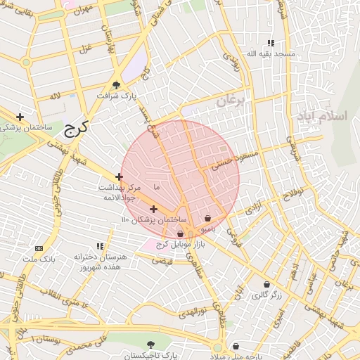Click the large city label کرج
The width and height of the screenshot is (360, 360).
pyautogui.click(x=75, y=129)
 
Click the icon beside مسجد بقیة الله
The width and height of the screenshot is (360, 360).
pyautogui.click(x=271, y=43)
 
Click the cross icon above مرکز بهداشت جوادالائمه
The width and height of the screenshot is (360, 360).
pyautogui.click(x=119, y=177)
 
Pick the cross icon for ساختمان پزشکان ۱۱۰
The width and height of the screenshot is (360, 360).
pyautogui.click(x=153, y=209)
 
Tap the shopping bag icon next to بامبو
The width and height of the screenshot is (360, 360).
pyautogui.click(x=207, y=219)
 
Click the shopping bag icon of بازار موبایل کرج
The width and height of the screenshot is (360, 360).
pyautogui.click(x=180, y=233)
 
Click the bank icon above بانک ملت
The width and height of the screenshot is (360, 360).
pyautogui.click(x=38, y=248)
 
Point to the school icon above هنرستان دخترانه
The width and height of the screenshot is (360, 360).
pyautogui.click(x=101, y=246)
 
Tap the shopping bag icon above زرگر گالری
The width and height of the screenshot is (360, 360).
pyautogui.click(x=266, y=285)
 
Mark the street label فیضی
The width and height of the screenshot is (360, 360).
pyautogui.click(x=162, y=261)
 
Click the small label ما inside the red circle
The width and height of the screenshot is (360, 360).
pyautogui.click(x=156, y=188)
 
